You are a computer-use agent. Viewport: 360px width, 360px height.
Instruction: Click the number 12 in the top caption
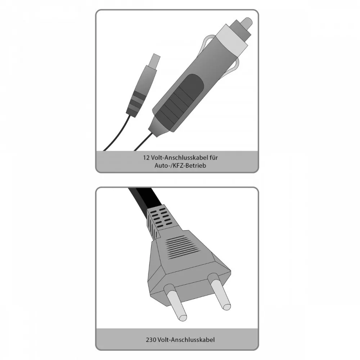[x=146, y=158]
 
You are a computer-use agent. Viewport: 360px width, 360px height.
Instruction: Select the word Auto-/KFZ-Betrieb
[x=180, y=166]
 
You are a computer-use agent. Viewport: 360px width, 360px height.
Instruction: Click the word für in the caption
[x=213, y=158]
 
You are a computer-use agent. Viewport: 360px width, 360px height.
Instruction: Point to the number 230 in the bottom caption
[x=151, y=339]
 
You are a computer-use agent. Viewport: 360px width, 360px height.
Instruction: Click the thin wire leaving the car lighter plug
[x=144, y=143]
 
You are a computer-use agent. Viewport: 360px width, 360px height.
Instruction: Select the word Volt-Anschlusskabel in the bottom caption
[x=186, y=339]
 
